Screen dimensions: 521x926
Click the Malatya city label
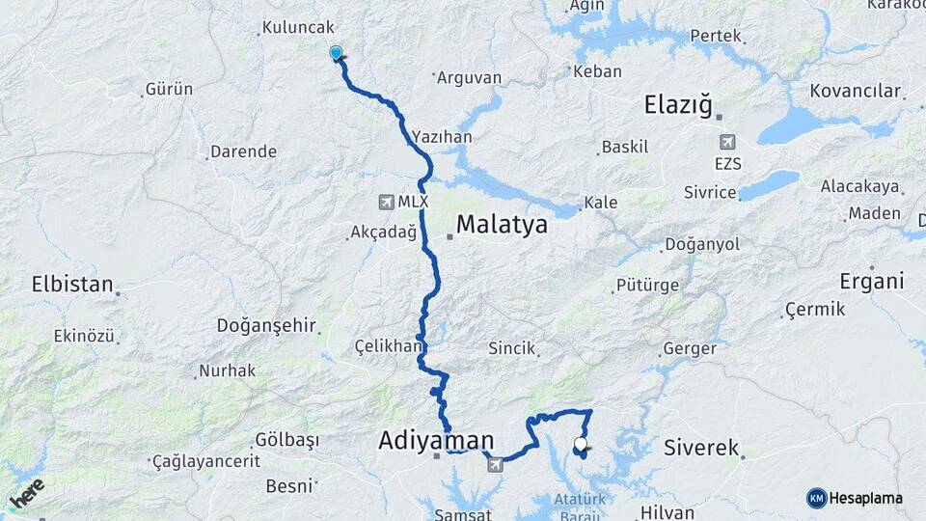pyautogui.click(x=502, y=225)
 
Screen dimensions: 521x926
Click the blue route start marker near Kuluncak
pyautogui.click(x=336, y=53)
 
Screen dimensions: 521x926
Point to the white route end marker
pyautogui.click(x=580, y=445)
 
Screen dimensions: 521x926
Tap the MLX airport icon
pyautogui.click(x=387, y=202)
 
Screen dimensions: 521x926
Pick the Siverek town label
pyautogui.click(x=701, y=448)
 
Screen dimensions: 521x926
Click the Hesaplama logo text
pyautogui.click(x=865, y=498)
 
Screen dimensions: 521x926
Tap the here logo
pyautogui.click(x=27, y=493)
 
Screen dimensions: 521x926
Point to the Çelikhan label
pyautogui.click(x=389, y=345)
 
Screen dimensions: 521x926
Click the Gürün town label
pyautogui.click(x=169, y=89)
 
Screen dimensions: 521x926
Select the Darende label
pyautogui.click(x=243, y=151)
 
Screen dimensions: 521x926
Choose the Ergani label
pyautogui.click(x=872, y=282)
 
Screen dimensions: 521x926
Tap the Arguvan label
pyautogui.click(x=469, y=76)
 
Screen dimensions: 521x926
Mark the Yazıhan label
pyautogui.click(x=442, y=137)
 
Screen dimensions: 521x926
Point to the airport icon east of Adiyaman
pyautogui.click(x=495, y=465)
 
